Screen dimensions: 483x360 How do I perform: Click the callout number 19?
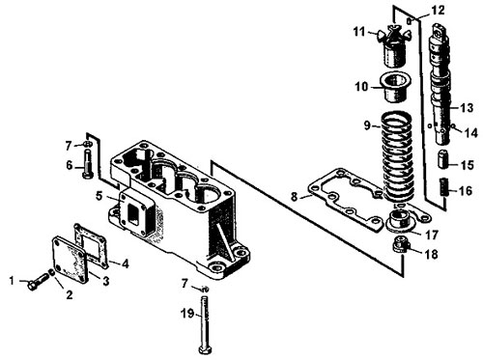click(187, 313)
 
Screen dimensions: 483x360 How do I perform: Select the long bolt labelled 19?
click(205, 324)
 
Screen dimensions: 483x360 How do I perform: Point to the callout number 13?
click(467, 108)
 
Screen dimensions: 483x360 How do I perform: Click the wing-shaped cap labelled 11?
click(394, 46)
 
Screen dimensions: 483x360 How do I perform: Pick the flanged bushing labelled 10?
click(395, 87)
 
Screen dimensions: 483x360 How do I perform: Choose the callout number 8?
click(294, 196)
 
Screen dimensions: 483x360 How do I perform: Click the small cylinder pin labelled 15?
click(443, 159)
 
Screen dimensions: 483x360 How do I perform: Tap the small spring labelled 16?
click(443, 187)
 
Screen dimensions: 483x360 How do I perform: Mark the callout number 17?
click(432, 235)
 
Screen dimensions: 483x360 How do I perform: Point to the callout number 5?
click(99, 196)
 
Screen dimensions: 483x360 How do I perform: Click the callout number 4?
click(125, 264)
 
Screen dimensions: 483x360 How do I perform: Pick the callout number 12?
click(438, 11)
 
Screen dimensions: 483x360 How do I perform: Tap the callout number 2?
click(70, 294)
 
